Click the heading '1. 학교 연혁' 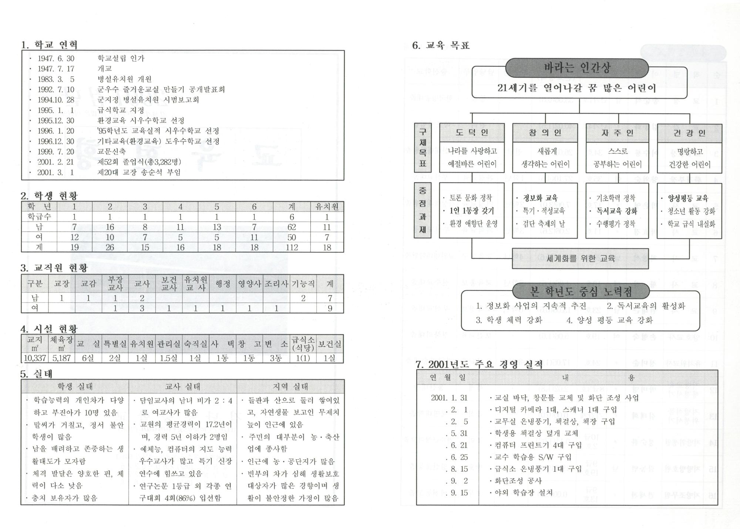50,45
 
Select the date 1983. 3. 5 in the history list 56,79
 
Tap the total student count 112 292,247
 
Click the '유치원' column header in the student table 327,207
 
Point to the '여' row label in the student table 39,237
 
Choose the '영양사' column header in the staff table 249,284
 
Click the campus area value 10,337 35,358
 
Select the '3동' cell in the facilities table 276,358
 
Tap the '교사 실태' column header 183,387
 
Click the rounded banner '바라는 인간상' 577,68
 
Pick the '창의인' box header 545,133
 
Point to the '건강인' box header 689,133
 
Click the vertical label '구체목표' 423,148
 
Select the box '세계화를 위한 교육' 580,259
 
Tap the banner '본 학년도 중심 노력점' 581,292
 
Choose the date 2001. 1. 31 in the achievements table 449,398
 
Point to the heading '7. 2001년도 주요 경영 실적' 479,365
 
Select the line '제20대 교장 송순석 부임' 139,173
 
